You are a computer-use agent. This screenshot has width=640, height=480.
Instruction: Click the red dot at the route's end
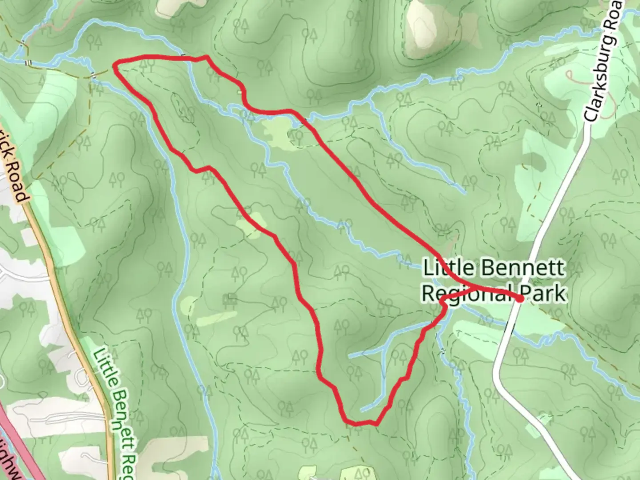tap(520, 299)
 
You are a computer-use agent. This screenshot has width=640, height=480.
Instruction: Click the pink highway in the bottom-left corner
tap(13, 440)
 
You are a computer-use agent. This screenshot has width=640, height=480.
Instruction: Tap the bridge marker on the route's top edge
tap(184, 56)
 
